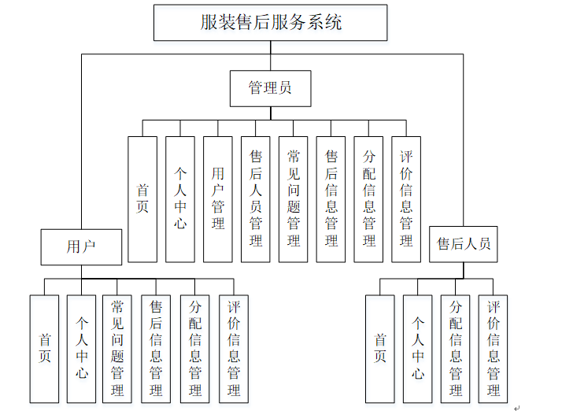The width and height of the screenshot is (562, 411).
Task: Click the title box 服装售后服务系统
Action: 270,22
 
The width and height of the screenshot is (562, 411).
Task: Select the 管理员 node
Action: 270,88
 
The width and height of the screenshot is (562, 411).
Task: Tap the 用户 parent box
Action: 81,246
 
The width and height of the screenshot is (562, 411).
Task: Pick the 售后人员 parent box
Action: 464,244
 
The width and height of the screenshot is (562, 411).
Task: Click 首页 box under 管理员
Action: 142,199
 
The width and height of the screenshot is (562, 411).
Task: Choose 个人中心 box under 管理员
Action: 180,199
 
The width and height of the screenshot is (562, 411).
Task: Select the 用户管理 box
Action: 218,199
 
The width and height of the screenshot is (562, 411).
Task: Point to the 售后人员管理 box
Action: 256,199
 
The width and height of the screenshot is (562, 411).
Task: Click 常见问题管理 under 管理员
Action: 294,199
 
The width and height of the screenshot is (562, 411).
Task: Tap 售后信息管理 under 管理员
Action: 331,199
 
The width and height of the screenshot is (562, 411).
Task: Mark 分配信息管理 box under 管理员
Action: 369,199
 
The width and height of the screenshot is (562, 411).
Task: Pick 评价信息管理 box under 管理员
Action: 406,199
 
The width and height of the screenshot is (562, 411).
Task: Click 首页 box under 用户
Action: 45,349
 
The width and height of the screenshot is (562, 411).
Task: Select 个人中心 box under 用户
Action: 82,349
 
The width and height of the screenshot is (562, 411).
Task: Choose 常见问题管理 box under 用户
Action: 117,349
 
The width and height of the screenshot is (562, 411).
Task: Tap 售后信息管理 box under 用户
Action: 156,349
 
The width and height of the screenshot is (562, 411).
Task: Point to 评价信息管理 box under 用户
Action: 234,349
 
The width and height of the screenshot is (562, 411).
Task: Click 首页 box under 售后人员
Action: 380,349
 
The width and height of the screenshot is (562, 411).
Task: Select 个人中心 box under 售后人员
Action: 418,349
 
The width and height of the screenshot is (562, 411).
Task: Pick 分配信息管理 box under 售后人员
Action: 456,349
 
